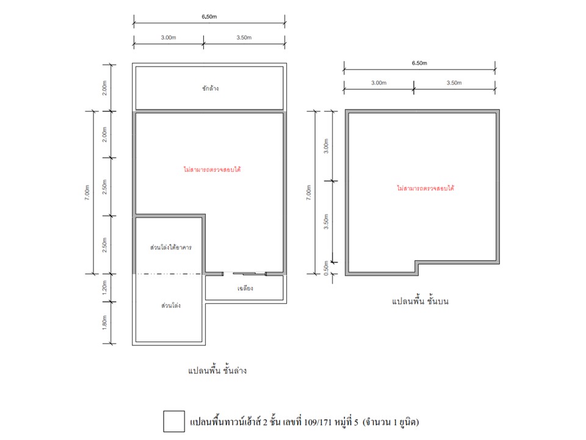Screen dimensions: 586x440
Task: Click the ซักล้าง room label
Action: (x=211, y=88)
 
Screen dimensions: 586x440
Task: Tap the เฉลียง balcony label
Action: (x=245, y=288)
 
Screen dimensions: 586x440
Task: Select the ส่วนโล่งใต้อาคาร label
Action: (x=171, y=248)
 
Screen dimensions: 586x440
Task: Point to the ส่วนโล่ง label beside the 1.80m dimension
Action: (x=171, y=306)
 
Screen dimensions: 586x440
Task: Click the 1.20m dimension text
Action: (x=104, y=287)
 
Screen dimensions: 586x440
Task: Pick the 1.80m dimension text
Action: (x=104, y=323)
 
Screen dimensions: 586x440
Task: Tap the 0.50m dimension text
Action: (x=326, y=268)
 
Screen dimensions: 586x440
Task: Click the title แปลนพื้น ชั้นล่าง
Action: (x=217, y=370)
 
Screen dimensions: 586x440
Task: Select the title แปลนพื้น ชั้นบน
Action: (x=420, y=301)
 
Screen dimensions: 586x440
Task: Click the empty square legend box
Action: (x=174, y=421)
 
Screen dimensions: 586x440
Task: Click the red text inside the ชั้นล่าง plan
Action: (x=212, y=169)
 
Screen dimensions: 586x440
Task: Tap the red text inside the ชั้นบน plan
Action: (x=425, y=188)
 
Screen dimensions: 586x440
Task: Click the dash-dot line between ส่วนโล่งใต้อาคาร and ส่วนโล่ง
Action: (x=168, y=274)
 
